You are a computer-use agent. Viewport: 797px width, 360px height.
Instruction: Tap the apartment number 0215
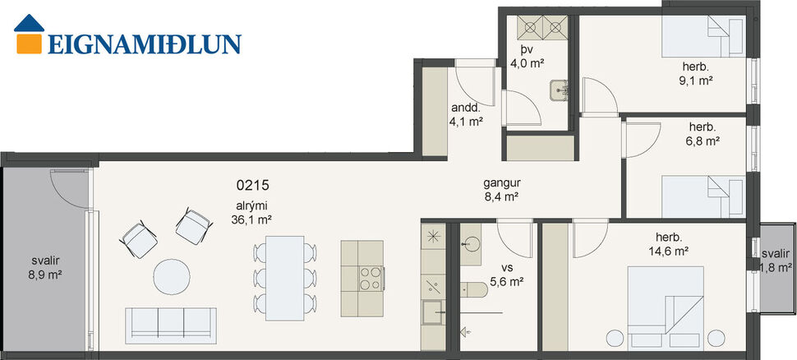point(253,186)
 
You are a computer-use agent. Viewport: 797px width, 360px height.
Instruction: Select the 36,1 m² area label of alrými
point(253,219)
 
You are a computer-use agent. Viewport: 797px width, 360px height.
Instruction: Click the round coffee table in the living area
point(176,276)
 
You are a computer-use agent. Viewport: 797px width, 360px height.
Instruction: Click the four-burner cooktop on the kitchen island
point(371,279)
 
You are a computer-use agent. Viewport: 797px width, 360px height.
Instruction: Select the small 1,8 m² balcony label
point(776,267)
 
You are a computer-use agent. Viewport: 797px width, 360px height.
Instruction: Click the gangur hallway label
point(503,190)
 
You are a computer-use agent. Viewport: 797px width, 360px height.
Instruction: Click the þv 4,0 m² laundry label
point(527,56)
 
